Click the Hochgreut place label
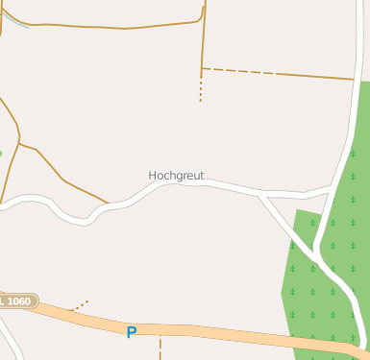tap(176, 176)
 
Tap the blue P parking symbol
tap(132, 332)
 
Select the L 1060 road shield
tap(16, 301)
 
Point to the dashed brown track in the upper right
tap(279, 73)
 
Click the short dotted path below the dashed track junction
tap(200, 89)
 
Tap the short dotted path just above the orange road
tap(81, 305)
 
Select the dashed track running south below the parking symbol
tap(160, 348)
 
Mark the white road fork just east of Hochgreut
tap(260, 196)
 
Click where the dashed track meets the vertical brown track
tap(202, 68)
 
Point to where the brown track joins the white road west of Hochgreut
tap(108, 204)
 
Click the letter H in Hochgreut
tap(153, 176)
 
